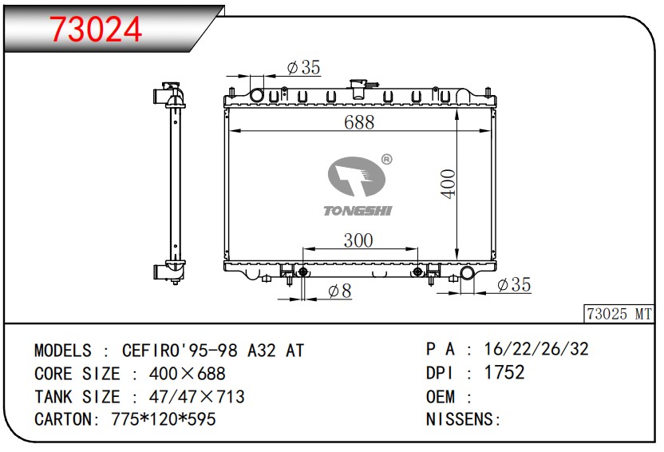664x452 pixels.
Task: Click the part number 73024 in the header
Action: click(96, 29)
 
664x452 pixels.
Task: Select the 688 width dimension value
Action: click(359, 122)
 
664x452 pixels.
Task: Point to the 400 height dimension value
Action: click(448, 184)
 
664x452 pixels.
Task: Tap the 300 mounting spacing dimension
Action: click(358, 240)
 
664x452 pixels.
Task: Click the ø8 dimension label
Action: click(339, 292)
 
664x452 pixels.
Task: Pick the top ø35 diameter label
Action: click(303, 68)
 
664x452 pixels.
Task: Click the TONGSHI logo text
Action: click(358, 211)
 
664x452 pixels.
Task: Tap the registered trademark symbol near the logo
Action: click(386, 160)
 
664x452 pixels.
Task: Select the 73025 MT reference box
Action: click(619, 314)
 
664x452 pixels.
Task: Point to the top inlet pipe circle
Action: click(257, 96)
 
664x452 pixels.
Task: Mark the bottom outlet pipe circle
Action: click(467, 275)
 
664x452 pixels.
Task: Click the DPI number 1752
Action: click(505, 373)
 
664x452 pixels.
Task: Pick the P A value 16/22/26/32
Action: click(537, 349)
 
